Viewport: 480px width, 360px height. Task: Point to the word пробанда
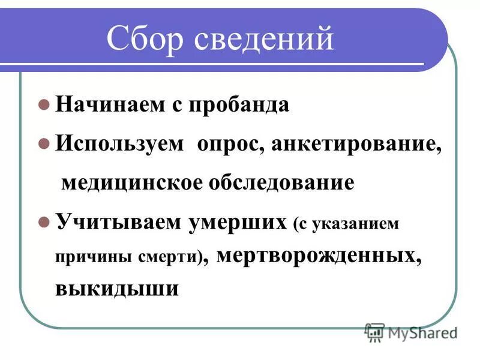(239, 104)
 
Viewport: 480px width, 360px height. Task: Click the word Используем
(120, 144)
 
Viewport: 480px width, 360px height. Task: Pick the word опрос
(229, 145)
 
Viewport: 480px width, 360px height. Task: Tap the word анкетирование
(356, 145)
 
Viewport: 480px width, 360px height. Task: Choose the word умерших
(239, 222)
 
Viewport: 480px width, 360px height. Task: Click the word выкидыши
(117, 289)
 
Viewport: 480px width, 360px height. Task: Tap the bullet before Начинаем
(43, 104)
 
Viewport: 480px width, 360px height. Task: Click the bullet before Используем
(43, 143)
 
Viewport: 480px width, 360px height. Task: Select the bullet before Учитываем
(43, 221)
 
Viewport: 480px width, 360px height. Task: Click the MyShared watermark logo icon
(375, 331)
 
